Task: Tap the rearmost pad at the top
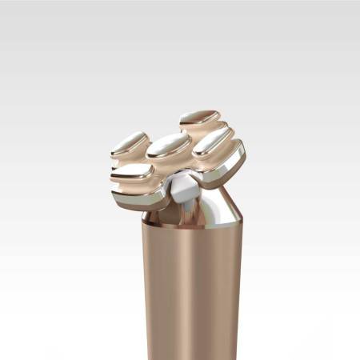(x=200, y=117)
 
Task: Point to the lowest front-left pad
(x=133, y=170)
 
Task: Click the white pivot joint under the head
(x=182, y=190)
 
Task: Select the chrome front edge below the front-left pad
(x=132, y=198)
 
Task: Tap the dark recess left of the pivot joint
(x=158, y=201)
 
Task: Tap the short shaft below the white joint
(x=185, y=210)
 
